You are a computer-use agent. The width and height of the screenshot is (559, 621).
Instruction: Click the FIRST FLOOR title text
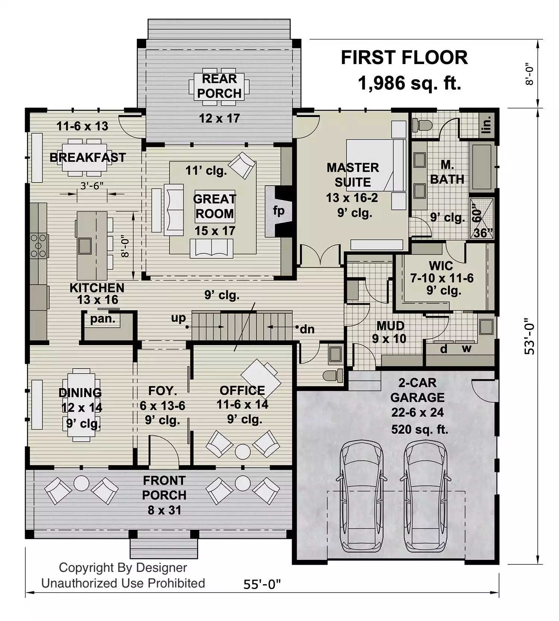click(x=404, y=58)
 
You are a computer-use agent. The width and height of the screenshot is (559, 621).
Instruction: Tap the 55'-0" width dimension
click(x=262, y=584)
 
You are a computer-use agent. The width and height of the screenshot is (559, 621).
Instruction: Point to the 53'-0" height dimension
click(x=530, y=336)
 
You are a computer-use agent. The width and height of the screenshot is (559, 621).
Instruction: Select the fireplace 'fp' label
click(x=279, y=211)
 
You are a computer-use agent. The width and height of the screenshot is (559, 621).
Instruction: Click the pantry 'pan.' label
click(x=103, y=319)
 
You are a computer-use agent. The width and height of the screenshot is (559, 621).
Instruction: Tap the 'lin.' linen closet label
click(x=486, y=125)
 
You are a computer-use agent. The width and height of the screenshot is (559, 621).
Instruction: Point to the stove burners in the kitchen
click(x=38, y=245)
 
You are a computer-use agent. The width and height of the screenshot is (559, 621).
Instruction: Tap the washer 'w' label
click(x=467, y=349)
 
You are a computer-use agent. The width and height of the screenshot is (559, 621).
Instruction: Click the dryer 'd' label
click(x=444, y=349)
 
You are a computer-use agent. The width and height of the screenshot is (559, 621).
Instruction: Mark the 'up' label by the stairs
click(x=178, y=319)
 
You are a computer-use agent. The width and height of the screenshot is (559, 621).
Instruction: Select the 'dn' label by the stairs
click(x=307, y=329)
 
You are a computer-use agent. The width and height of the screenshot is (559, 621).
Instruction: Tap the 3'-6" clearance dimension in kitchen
click(x=92, y=186)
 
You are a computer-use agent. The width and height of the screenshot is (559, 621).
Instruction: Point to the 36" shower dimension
click(x=483, y=233)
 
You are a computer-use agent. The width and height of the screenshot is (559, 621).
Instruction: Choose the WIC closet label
click(x=441, y=266)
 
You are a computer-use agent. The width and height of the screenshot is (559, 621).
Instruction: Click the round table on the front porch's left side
click(x=81, y=483)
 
